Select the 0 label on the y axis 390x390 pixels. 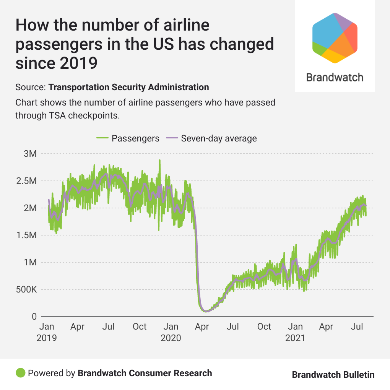click(x=34, y=317)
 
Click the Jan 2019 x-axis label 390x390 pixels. click(x=47, y=332)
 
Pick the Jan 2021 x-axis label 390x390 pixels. click(x=295, y=332)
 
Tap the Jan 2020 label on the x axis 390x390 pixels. click(x=171, y=332)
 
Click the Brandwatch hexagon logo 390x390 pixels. click(x=335, y=37)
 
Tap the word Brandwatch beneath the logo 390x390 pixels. click(x=335, y=78)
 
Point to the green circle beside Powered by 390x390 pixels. click(x=21, y=373)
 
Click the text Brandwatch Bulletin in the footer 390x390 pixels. click(x=333, y=375)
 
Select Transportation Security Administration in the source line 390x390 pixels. click(x=128, y=87)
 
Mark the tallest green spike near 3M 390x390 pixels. click(x=159, y=161)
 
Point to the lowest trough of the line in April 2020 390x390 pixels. click(x=206, y=311)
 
